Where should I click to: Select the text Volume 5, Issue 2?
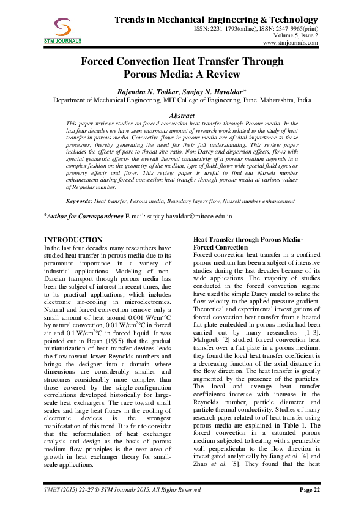(x=295, y=36)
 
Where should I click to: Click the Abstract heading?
(x=181, y=116)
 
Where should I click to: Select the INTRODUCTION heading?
(x=73, y=239)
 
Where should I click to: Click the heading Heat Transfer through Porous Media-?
(x=247, y=239)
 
